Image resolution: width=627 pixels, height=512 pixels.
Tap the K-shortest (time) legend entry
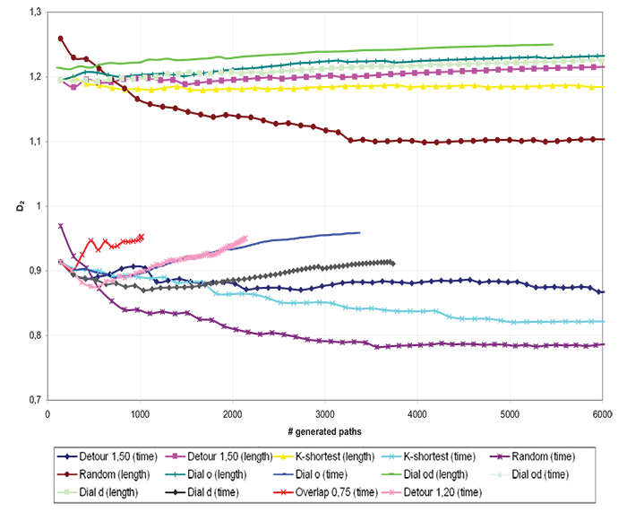(x=444, y=441)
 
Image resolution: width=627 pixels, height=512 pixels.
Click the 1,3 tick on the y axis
(x=34, y=12)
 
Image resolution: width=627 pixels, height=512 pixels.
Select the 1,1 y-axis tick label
(x=34, y=142)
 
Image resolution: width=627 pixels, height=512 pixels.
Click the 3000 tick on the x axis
(x=325, y=414)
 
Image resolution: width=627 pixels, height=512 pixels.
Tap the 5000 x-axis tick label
(x=510, y=414)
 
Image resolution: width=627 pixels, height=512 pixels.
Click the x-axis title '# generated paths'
(x=325, y=427)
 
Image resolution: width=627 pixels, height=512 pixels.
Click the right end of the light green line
(x=552, y=44)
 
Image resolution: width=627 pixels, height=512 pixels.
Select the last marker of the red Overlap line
(x=142, y=237)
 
